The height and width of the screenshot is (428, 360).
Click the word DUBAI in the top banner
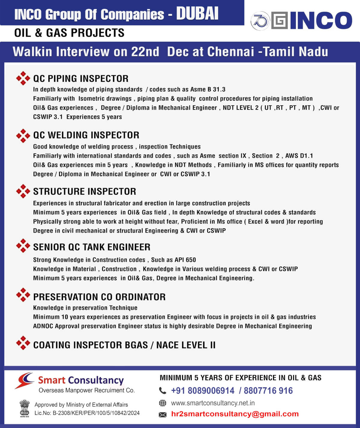coord(197,14)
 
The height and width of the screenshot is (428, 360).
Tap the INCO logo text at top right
coord(321,20)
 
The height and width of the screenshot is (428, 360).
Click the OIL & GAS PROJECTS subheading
coord(69,33)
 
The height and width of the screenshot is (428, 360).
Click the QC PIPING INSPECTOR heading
coord(81,79)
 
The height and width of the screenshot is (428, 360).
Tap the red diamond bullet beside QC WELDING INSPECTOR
coord(23,136)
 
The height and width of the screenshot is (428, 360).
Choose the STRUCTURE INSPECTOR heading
coord(85,191)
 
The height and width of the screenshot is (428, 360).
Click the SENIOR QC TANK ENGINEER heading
coord(92,247)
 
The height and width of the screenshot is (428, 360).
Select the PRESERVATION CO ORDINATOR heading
coord(99,297)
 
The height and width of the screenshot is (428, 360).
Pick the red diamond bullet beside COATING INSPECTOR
coord(23,343)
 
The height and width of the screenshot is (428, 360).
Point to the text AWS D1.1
coord(299,156)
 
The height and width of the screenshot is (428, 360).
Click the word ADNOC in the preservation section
coord(43,326)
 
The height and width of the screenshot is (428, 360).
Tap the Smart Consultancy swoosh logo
coord(24,380)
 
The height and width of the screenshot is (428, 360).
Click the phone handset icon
coord(162,390)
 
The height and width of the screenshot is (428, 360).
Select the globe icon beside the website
coord(162,403)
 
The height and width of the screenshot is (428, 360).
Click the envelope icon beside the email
coord(162,414)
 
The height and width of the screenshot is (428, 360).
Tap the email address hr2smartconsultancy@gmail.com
coord(235,414)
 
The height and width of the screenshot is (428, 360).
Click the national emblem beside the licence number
coord(25,408)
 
